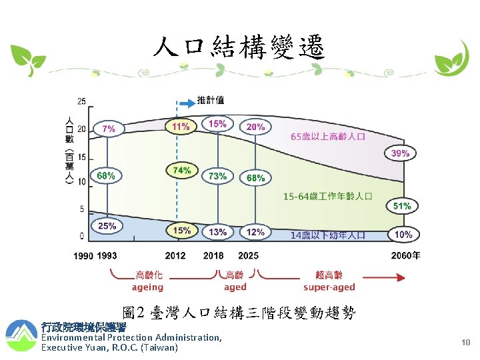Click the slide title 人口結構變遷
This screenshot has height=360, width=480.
(239, 47)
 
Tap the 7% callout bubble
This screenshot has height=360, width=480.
(109, 128)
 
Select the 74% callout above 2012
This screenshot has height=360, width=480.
(182, 171)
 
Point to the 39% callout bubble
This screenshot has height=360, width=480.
(400, 153)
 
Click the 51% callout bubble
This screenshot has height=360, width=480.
(402, 206)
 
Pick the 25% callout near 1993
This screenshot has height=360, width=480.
(107, 226)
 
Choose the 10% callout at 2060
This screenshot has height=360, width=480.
(403, 235)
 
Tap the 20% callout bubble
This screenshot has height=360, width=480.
(255, 127)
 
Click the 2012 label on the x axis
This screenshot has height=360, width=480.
(175, 256)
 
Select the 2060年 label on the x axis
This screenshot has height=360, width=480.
(405, 256)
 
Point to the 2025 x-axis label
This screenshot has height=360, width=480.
(248, 256)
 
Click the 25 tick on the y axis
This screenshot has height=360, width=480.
(81, 102)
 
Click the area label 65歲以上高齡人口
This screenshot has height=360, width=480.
(328, 137)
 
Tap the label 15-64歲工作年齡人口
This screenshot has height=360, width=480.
(327, 197)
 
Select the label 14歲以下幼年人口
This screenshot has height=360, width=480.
(327, 235)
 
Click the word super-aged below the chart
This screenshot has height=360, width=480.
(329, 287)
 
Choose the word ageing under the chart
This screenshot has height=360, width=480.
(147, 287)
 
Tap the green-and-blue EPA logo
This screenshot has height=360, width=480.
(21, 335)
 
